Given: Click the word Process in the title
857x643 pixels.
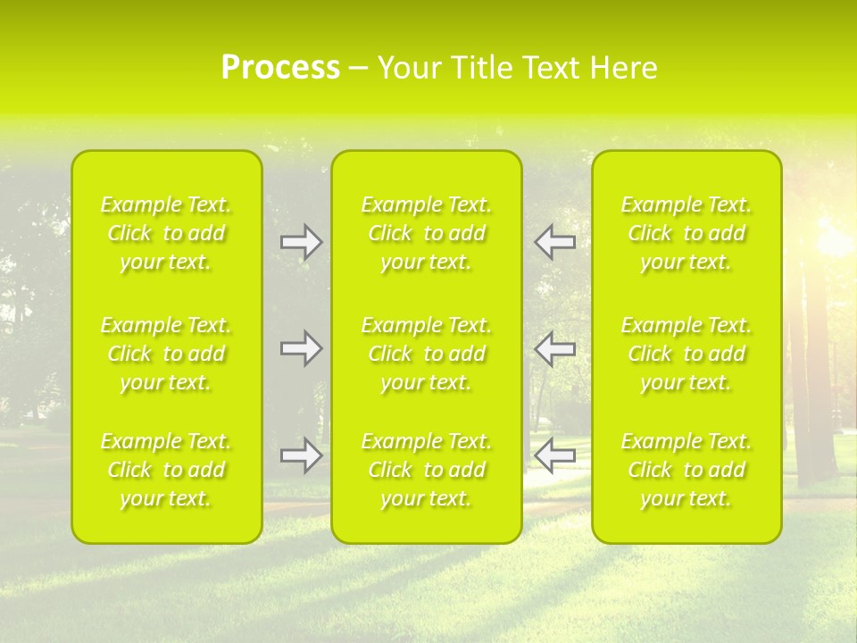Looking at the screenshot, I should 280,68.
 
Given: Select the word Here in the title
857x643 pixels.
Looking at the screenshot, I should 624,68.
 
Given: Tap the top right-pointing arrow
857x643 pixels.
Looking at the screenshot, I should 301,242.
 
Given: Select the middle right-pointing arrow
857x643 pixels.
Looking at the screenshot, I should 301,348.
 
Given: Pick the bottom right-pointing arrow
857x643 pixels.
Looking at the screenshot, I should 301,455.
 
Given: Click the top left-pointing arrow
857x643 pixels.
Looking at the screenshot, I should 555,242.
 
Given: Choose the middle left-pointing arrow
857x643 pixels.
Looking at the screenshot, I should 555,348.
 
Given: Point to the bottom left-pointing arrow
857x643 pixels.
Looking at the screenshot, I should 555,455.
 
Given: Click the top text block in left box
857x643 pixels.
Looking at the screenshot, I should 166,233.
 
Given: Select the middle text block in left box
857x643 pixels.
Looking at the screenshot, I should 166,354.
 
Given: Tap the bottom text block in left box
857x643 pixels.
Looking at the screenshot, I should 166,470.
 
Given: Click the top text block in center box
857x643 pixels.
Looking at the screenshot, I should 427,233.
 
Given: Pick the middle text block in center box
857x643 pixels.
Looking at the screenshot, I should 427,354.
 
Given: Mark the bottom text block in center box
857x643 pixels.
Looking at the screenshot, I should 427,470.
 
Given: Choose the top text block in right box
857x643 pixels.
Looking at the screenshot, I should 686,233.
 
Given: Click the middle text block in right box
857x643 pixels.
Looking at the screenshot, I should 686,354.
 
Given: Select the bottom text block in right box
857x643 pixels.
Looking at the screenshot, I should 686,470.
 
